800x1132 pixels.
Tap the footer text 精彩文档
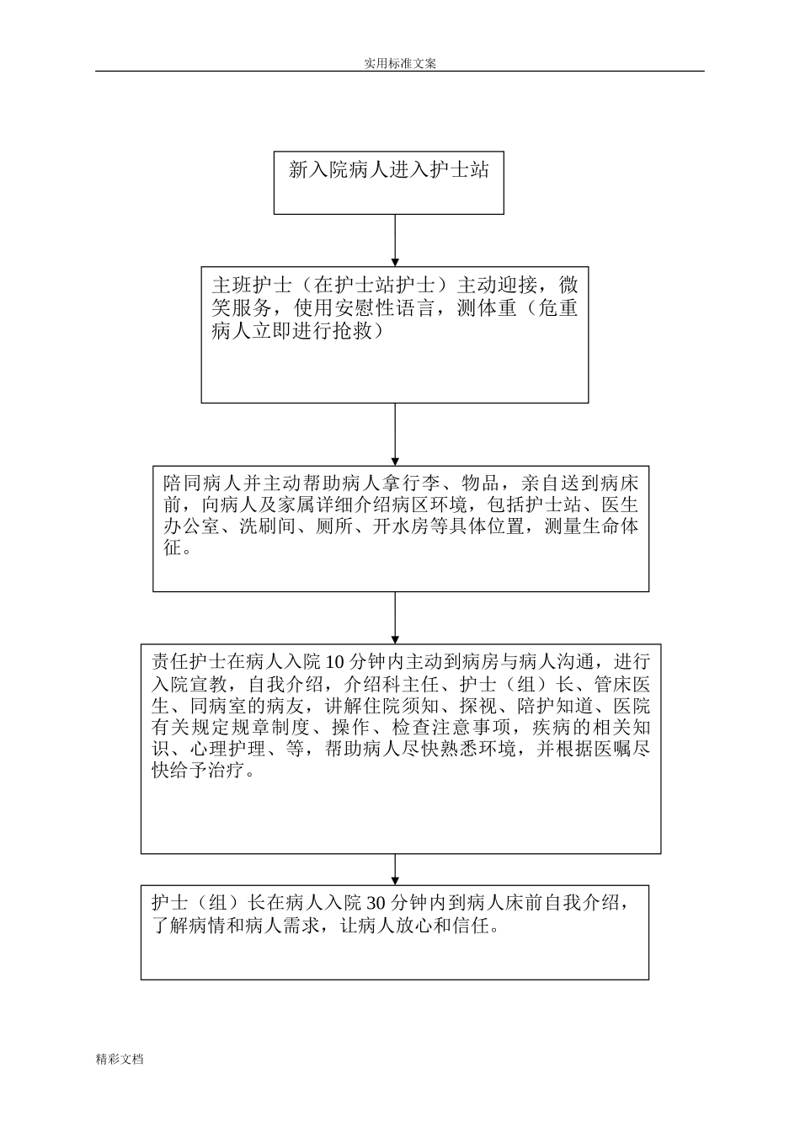click(120, 1059)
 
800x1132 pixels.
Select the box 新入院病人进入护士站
click(388, 183)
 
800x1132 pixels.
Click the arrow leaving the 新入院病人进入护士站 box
click(395, 240)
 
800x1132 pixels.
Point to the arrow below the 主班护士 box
click(395, 434)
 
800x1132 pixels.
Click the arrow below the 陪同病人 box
click(395, 617)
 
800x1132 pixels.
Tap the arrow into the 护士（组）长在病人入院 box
click(395, 869)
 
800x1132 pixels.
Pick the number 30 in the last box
click(378, 904)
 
